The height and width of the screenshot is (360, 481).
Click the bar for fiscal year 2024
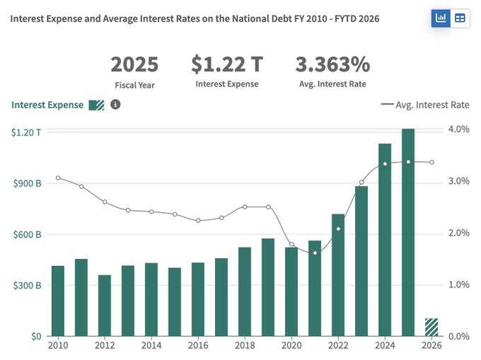click(x=385, y=240)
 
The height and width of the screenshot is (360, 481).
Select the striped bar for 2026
click(x=431, y=327)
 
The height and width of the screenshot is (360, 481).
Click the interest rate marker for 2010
click(x=58, y=178)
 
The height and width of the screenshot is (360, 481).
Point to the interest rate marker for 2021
click(x=315, y=252)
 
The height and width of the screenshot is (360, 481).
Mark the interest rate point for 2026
click(x=431, y=162)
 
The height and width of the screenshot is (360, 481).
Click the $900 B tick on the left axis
click(x=27, y=183)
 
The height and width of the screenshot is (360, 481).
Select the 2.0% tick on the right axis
click(x=458, y=233)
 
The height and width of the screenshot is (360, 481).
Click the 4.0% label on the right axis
click(x=458, y=129)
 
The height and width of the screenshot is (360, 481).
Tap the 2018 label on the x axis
click(x=245, y=346)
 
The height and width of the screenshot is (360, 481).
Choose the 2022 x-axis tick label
click(x=338, y=346)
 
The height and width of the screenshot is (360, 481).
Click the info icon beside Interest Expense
click(x=115, y=105)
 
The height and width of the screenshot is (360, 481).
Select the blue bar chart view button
click(x=441, y=18)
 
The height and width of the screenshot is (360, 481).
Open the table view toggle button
click(x=460, y=18)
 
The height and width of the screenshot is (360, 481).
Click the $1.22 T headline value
click(x=226, y=64)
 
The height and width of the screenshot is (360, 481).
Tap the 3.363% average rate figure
click(x=332, y=64)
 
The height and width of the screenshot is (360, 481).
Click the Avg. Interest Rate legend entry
click(x=424, y=105)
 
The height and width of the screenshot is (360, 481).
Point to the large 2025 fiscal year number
click(x=134, y=64)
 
